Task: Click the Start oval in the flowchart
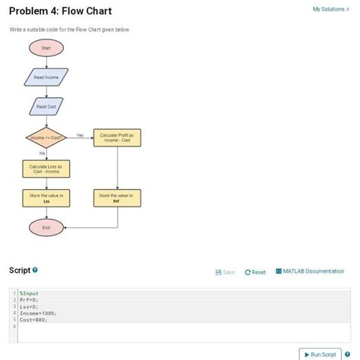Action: tap(46, 48)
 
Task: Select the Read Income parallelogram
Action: tap(46, 77)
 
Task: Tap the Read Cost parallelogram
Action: tap(46, 106)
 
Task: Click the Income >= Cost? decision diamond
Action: tap(46, 137)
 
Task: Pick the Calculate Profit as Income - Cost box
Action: tap(116, 137)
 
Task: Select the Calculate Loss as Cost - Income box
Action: tap(46, 169)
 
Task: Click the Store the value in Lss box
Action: tap(46, 198)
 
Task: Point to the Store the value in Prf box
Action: tap(116, 198)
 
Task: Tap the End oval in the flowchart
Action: tap(46, 227)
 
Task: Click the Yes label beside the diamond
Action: tap(80, 134)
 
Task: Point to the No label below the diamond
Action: tap(42, 153)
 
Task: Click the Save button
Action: tap(226, 272)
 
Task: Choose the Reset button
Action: tap(255, 272)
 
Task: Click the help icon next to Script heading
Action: tap(35, 270)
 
